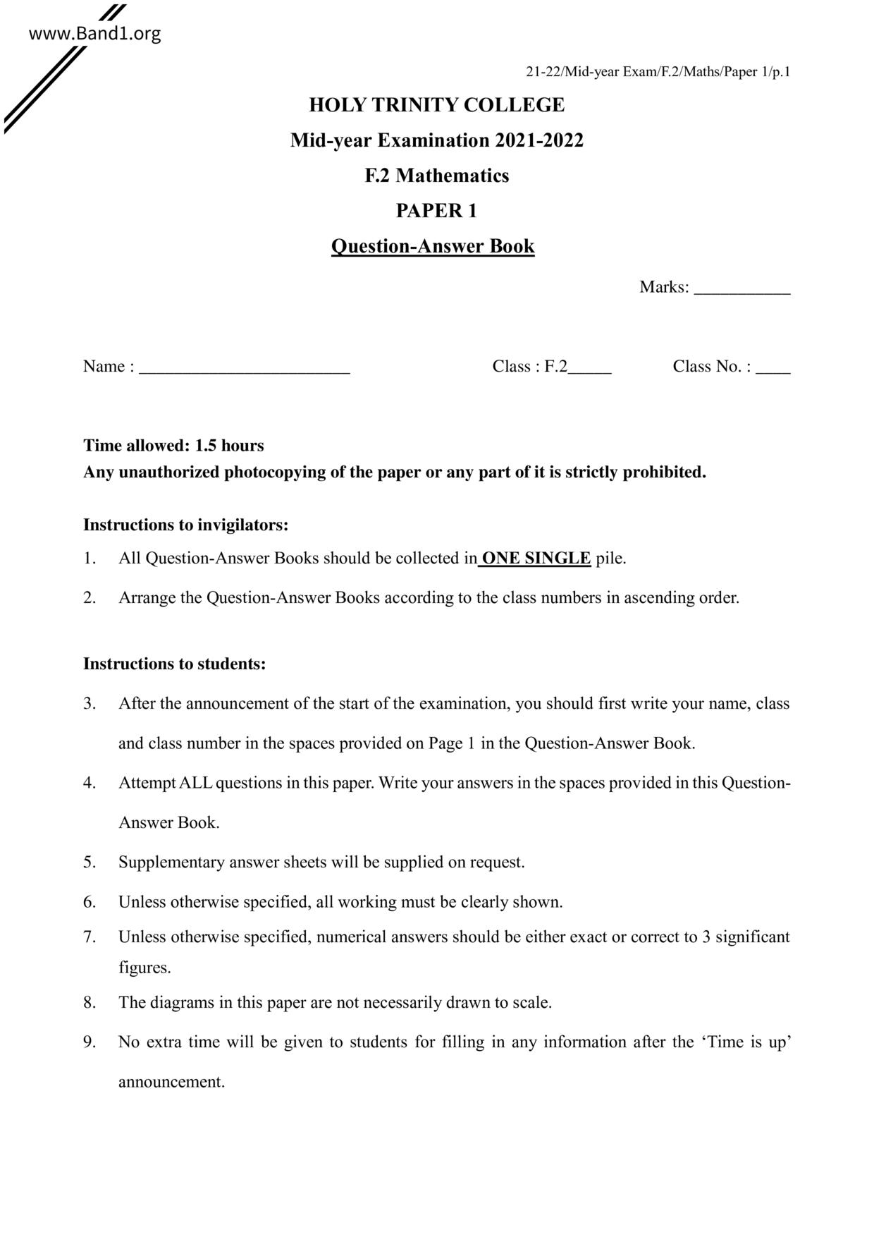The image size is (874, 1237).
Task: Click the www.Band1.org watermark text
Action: pyautogui.click(x=94, y=33)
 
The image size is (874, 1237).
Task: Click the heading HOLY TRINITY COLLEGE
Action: pyautogui.click(x=436, y=105)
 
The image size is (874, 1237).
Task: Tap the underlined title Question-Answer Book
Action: pyautogui.click(x=433, y=246)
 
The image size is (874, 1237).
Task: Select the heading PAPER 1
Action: pyautogui.click(x=436, y=211)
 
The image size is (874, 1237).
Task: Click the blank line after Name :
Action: pyautogui.click(x=244, y=370)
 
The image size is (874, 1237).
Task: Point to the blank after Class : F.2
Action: pyautogui.click(x=590, y=370)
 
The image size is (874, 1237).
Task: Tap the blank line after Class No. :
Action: pyautogui.click(x=773, y=370)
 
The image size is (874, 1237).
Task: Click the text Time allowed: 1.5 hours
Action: pyautogui.click(x=173, y=446)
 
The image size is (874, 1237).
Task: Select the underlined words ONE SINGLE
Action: pyautogui.click(x=536, y=559)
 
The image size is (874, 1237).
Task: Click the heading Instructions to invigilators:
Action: pyautogui.click(x=186, y=525)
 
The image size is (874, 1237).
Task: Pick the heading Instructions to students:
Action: pyautogui.click(x=175, y=664)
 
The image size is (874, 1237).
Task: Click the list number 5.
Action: pyautogui.click(x=90, y=862)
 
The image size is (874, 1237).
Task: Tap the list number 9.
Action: pyautogui.click(x=90, y=1042)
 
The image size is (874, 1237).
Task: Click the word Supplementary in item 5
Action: pyautogui.click(x=171, y=862)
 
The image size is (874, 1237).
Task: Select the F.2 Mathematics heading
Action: pyautogui.click(x=436, y=176)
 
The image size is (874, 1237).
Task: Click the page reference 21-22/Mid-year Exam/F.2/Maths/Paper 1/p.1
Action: pyautogui.click(x=658, y=72)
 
